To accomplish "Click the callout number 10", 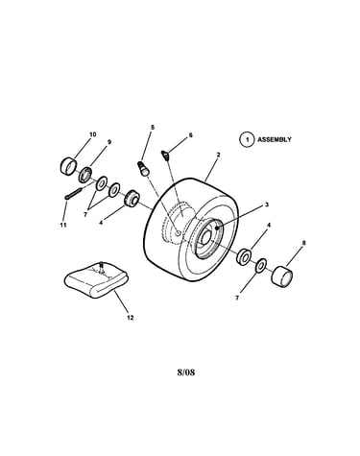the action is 92,134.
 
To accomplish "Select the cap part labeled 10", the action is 69,166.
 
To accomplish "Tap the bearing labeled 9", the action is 85,175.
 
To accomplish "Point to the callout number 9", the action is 109,142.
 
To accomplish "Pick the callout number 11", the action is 63,225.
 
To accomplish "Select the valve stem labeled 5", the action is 143,168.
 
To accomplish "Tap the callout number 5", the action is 153,127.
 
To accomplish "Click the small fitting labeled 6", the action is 165,156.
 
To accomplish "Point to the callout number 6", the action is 190,135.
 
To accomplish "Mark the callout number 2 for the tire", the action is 218,155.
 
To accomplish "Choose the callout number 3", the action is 267,205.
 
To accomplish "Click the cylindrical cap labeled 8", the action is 282,275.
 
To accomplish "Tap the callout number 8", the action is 303,243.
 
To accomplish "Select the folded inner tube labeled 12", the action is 96,278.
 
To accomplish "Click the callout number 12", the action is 130,318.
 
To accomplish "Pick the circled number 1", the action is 247,140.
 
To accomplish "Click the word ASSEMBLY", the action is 275,139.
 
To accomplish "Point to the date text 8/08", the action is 186,372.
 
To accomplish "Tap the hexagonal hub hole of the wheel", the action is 206,236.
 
